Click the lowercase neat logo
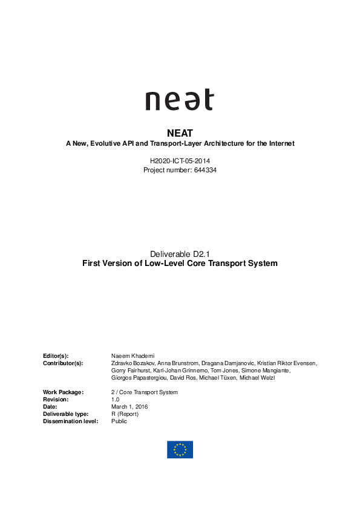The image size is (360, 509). tap(179, 100)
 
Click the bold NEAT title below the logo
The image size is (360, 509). tap(180, 132)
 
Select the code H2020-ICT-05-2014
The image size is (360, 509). tap(180, 162)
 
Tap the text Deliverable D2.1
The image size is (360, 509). tap(180, 254)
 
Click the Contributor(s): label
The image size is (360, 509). tap(63, 363)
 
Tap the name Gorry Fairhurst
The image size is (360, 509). tap(129, 370)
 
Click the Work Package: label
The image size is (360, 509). tap(63, 392)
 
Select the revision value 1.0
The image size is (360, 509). tap(115, 400)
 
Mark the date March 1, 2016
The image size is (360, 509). tap(129, 407)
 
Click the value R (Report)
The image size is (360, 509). tap(125, 414)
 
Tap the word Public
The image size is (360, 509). tap(119, 421)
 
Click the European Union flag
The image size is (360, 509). tap(180, 449)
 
